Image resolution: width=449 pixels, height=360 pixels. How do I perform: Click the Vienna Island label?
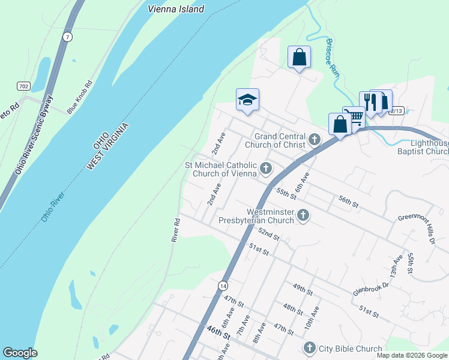click(176, 9)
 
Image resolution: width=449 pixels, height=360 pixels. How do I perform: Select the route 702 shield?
click(23, 86)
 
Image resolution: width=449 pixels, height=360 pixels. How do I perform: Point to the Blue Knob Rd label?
click(80, 97)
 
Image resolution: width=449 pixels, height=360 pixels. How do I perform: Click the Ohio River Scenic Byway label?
click(34, 135)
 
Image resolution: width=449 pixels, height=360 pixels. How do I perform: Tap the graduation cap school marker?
click(247, 100)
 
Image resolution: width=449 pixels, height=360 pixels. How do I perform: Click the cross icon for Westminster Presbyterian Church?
click(303, 214)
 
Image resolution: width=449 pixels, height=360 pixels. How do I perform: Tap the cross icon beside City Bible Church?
click(310, 347)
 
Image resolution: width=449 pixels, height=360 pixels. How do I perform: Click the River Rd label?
click(176, 230)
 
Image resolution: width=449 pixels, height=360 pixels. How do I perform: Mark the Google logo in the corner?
click(20, 353)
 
